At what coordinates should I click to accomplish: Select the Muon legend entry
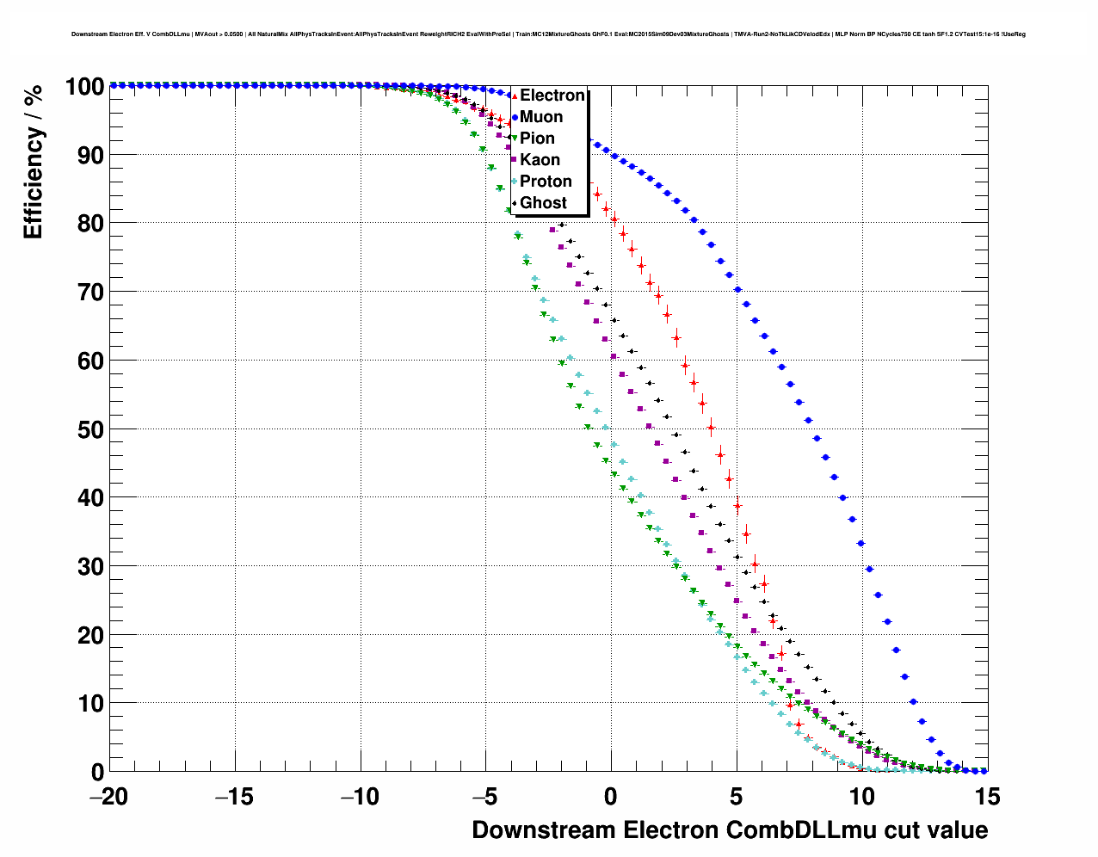(x=541, y=117)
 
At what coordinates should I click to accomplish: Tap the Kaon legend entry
(x=540, y=160)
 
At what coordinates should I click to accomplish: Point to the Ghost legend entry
(x=543, y=203)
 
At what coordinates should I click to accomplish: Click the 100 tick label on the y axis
(x=84, y=86)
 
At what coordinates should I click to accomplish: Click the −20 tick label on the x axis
(x=109, y=798)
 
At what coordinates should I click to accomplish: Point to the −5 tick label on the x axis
(x=485, y=798)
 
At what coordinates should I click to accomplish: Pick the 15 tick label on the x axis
(x=988, y=798)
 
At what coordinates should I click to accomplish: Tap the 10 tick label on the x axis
(x=862, y=798)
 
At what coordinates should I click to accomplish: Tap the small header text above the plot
(x=548, y=34)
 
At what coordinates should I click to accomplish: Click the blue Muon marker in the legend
(x=515, y=117)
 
